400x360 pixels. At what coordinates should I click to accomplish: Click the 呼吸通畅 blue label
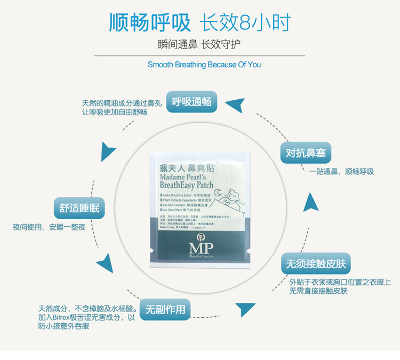click(192, 102)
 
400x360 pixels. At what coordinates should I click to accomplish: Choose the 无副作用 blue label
click(165, 309)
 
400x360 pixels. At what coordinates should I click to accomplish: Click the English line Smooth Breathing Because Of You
click(204, 65)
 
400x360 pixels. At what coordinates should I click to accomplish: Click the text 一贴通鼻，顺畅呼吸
click(341, 172)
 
